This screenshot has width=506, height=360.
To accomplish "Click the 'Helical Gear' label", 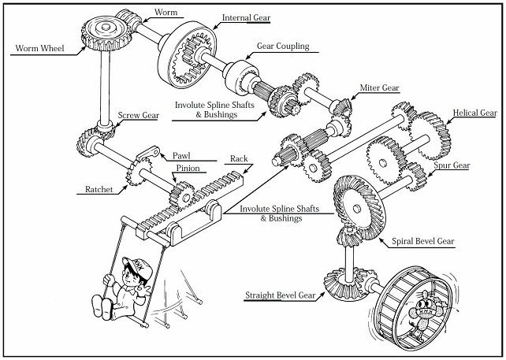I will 474,113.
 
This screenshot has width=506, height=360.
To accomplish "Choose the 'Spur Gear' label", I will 451,165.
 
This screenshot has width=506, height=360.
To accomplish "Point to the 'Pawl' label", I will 182,156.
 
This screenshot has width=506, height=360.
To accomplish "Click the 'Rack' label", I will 239,158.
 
